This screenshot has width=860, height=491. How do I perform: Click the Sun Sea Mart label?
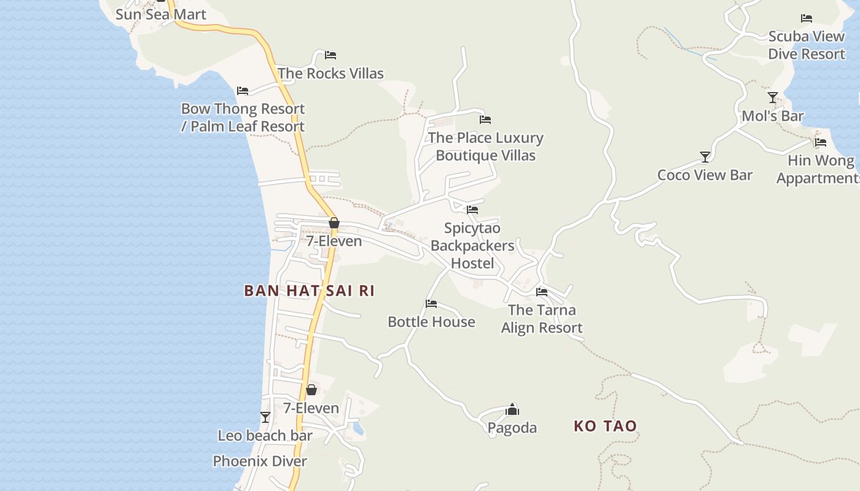[x=161, y=14]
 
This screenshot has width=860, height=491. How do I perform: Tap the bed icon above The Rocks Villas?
[x=330, y=55]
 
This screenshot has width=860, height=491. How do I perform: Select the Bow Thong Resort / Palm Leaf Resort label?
[x=243, y=117]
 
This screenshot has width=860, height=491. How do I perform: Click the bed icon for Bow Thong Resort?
[x=243, y=91]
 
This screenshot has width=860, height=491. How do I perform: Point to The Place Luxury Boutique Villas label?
[x=485, y=146]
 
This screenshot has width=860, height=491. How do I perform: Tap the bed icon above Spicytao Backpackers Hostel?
[x=472, y=210]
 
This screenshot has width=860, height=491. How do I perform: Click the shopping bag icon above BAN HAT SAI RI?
[x=334, y=223]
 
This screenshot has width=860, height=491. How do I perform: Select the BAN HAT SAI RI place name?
[x=309, y=291]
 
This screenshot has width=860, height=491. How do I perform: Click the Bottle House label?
[x=431, y=322]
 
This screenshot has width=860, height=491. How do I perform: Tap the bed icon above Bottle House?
[x=431, y=304]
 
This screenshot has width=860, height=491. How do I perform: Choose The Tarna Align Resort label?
[x=541, y=319]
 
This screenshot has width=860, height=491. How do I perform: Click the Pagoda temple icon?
[x=512, y=409]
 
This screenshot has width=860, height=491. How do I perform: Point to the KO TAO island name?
[x=605, y=426]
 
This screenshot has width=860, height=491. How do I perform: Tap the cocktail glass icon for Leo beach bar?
[x=265, y=417]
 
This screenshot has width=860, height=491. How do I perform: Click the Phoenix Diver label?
[x=260, y=461]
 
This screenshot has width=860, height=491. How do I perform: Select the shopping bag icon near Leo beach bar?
[x=311, y=390]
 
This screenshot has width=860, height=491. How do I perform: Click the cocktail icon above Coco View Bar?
[x=705, y=157]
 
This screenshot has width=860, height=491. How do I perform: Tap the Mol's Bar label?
[x=773, y=116]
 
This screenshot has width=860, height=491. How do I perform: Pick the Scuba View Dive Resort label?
[x=807, y=45]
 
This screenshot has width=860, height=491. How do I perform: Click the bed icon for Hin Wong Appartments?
[x=821, y=142]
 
